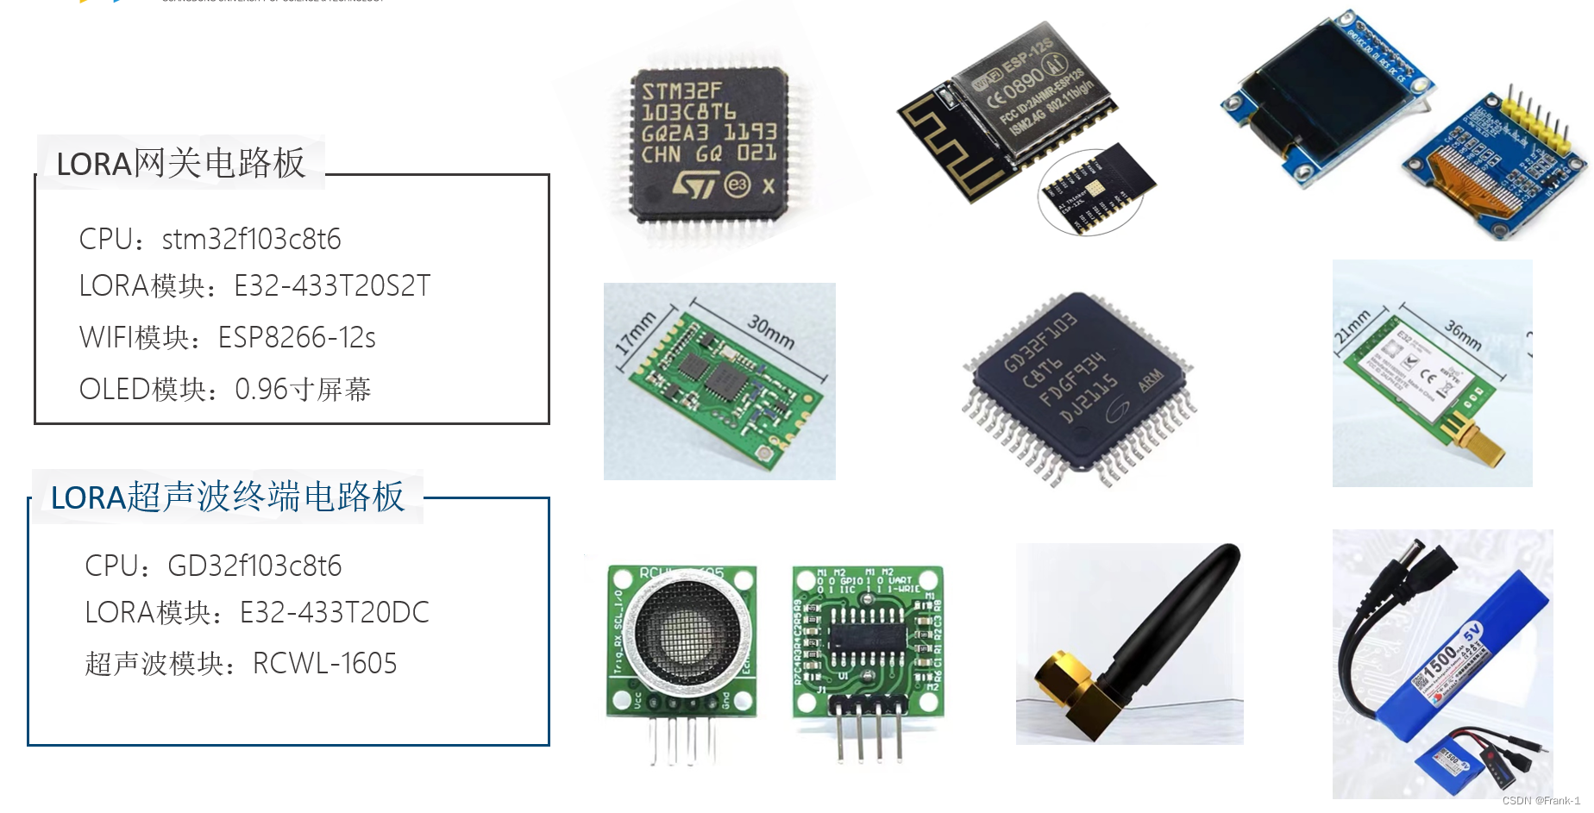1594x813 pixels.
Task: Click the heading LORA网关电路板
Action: pos(180,163)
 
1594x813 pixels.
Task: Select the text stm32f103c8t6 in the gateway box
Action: pos(251,239)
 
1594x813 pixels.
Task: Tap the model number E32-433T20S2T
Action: pos(332,285)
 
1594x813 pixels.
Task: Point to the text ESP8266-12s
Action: pos(297,337)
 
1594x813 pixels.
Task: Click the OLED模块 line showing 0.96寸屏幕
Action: pos(225,389)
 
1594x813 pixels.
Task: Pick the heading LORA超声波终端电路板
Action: pos(228,497)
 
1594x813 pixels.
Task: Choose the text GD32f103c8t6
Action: pos(254,566)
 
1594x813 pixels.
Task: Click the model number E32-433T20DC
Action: pos(334,612)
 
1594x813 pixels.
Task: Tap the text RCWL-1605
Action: pos(324,663)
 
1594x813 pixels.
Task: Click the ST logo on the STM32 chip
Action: pos(695,183)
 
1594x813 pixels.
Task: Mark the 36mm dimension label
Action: pos(1463,335)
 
